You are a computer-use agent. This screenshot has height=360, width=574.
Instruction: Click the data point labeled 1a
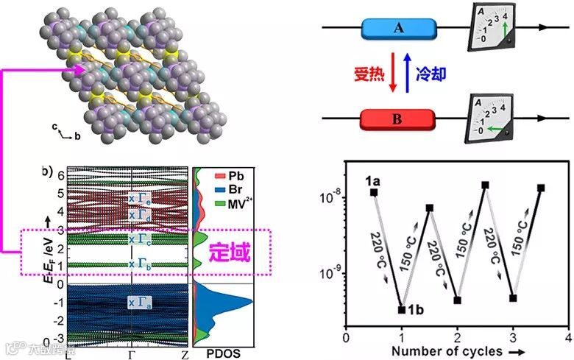pyautogui.click(x=374, y=192)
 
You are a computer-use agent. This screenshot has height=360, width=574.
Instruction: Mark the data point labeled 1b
pyautogui.click(x=402, y=309)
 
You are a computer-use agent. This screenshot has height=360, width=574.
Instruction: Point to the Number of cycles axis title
pyautogui.click(x=447, y=350)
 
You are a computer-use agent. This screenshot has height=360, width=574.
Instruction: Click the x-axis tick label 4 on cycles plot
pyautogui.click(x=568, y=336)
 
